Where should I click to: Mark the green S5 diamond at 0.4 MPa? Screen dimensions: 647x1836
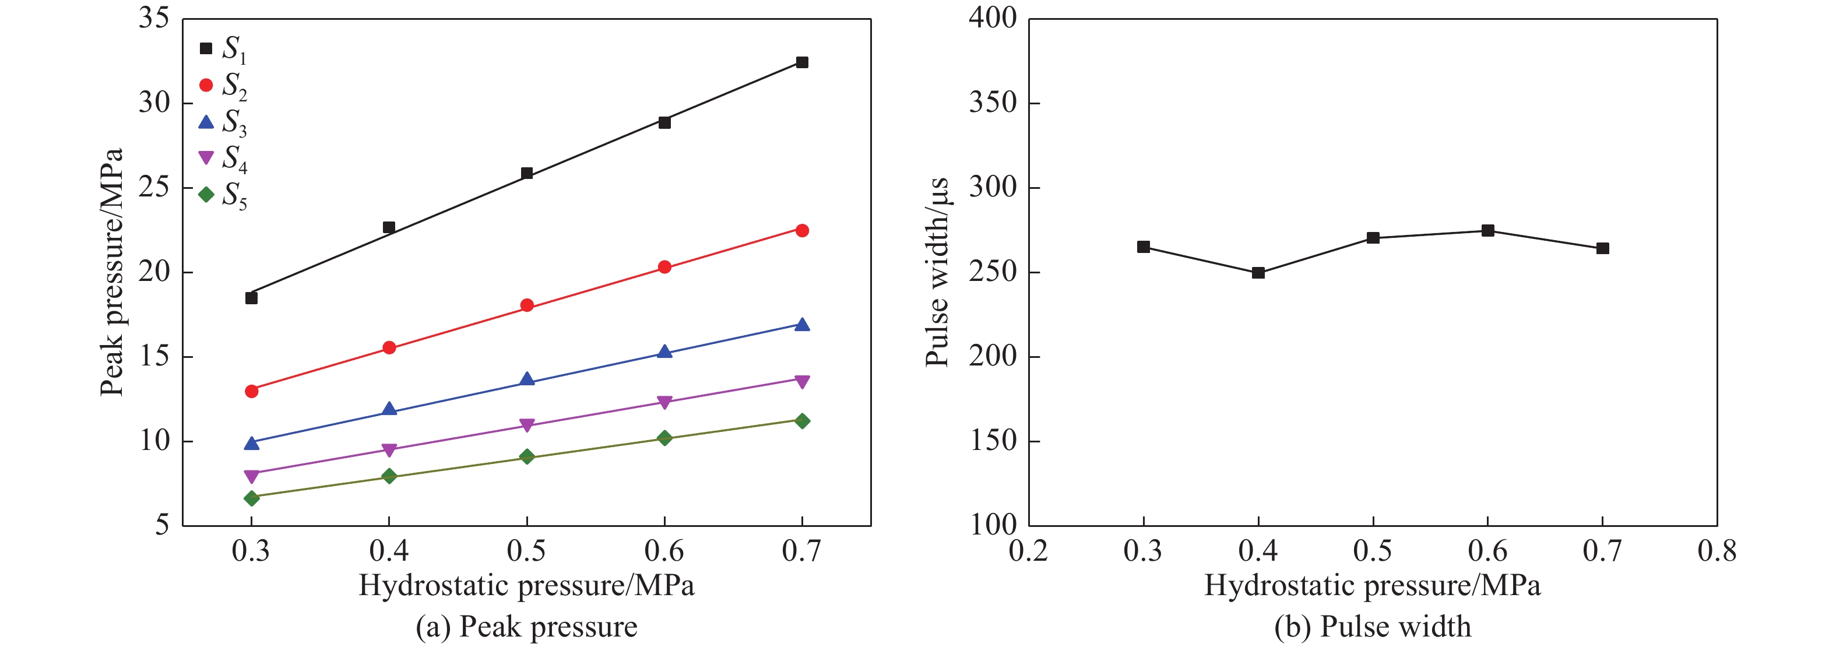pos(389,476)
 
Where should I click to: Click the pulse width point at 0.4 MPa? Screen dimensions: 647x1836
pos(1258,273)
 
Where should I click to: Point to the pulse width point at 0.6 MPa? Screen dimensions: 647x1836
pos(1487,231)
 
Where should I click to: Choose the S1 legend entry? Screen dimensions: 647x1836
pos(223,49)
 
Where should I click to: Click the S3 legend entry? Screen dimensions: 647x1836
pos(223,122)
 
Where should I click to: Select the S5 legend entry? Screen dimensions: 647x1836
pos(223,195)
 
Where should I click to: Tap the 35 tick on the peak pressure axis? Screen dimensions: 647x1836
pos(154,19)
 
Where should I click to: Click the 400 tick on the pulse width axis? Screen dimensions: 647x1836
pos(992,19)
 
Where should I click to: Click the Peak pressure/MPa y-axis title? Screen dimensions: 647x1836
pos(112,272)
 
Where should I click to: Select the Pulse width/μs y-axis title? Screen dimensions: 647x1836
pos(937,272)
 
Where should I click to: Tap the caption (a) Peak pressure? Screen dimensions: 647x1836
pos(527,627)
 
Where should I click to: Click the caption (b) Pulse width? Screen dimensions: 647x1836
pos(1373,627)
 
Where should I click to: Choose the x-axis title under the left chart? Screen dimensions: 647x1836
pos(527,586)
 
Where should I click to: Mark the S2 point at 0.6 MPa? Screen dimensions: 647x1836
pos(664,267)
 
